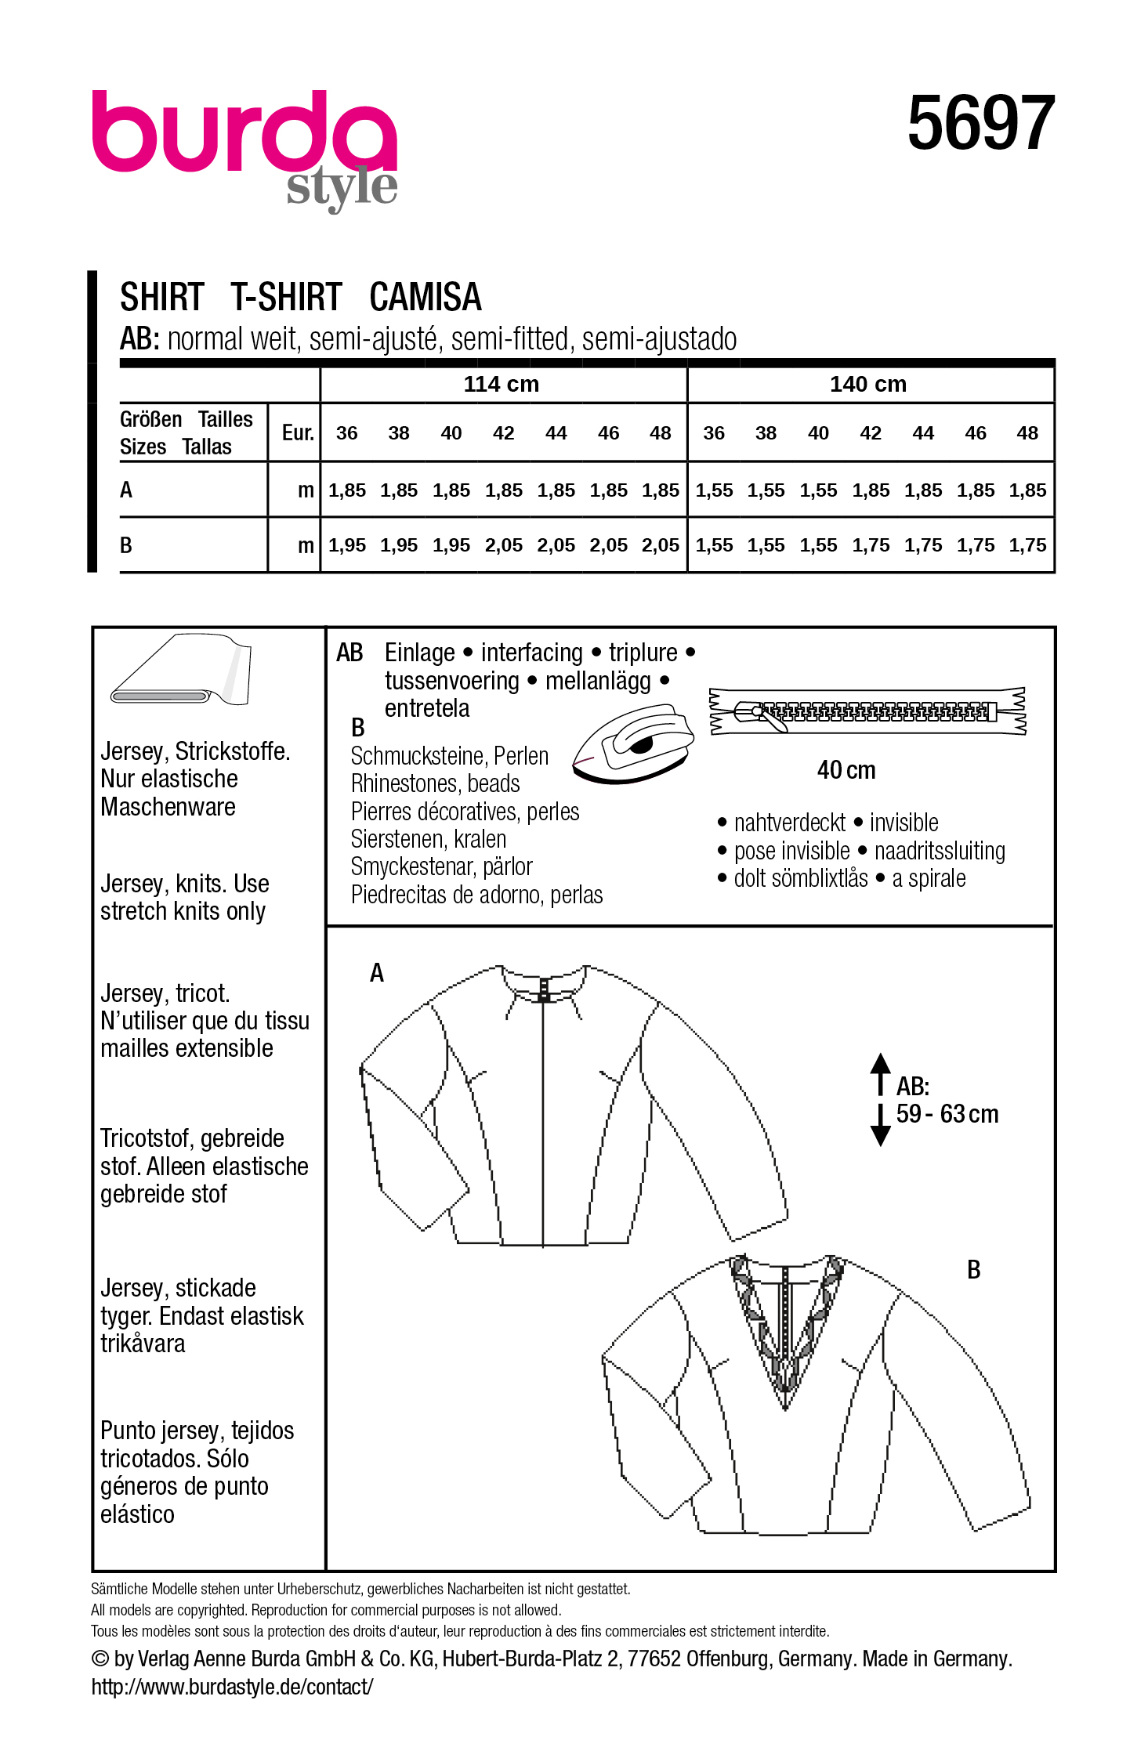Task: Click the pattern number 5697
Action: (x=980, y=123)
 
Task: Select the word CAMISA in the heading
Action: (x=425, y=298)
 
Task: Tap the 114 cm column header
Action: (x=502, y=384)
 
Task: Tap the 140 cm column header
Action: (x=868, y=384)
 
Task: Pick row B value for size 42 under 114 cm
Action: (x=503, y=545)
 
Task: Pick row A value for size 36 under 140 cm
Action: (x=714, y=490)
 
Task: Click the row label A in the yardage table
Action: (x=126, y=490)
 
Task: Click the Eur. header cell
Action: (x=297, y=432)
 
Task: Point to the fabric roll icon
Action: (x=182, y=671)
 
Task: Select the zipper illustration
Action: (x=867, y=711)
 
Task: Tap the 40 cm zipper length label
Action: (x=846, y=770)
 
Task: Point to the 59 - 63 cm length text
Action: (x=947, y=1114)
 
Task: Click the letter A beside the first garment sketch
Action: (x=377, y=973)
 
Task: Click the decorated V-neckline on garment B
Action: (x=784, y=1332)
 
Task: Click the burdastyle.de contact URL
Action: (x=232, y=1686)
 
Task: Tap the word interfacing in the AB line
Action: (x=531, y=653)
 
